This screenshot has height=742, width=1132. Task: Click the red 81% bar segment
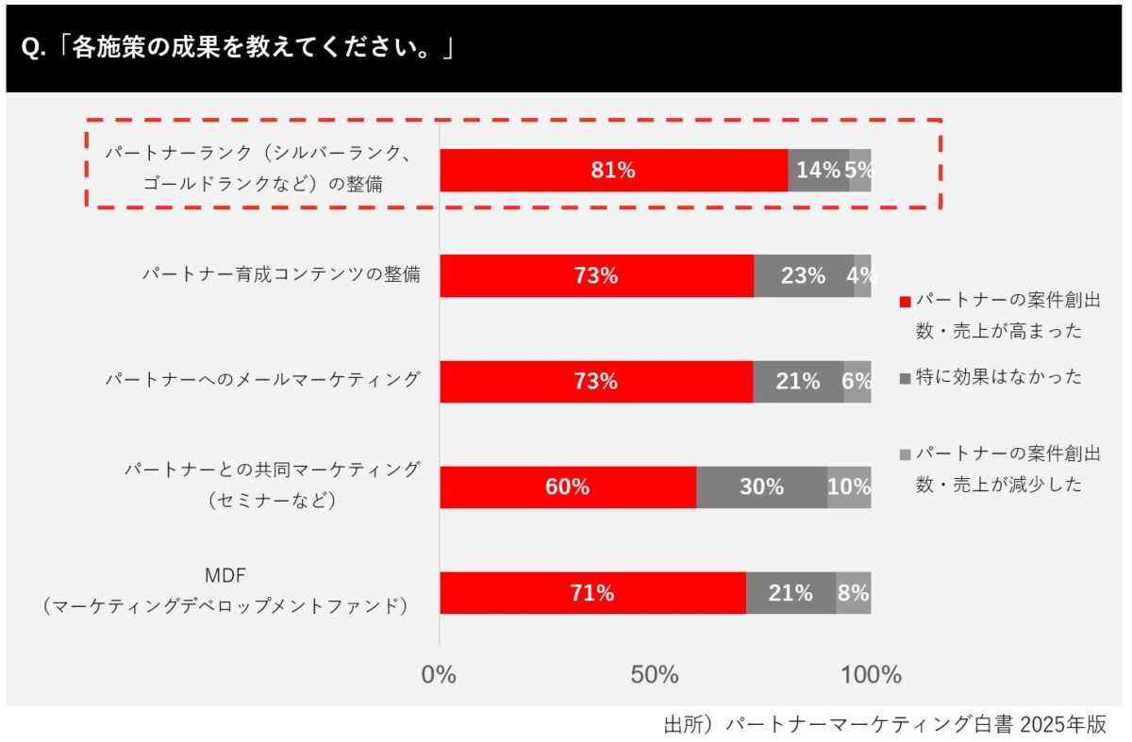click(613, 171)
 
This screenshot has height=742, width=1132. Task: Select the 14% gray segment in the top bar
click(818, 171)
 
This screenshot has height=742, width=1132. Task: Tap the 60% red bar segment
click(568, 487)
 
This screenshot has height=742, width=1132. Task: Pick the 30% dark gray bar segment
click(761, 487)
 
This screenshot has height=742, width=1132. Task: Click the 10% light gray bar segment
click(849, 487)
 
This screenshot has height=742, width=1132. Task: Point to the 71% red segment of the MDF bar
click(592, 593)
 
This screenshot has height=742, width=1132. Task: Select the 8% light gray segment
click(853, 593)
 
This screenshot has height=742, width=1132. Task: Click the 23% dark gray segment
click(804, 276)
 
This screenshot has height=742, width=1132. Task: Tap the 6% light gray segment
click(857, 382)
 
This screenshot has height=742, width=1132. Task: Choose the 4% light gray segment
click(862, 276)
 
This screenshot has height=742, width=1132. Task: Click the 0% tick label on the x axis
click(439, 675)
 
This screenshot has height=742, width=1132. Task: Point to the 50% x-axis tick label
click(655, 675)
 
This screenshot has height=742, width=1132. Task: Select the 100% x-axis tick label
click(871, 675)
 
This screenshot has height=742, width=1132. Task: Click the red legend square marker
click(905, 303)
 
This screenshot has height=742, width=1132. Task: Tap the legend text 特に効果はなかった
click(999, 377)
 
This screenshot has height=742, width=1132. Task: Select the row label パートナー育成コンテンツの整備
click(281, 274)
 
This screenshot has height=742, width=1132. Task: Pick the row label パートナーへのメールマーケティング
click(262, 380)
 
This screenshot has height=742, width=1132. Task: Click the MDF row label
click(225, 575)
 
